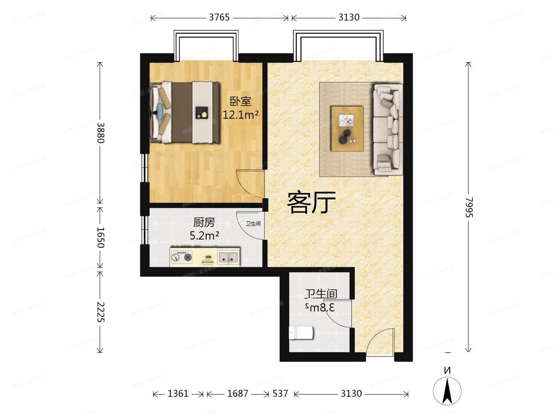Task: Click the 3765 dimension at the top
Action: pyautogui.click(x=219, y=17)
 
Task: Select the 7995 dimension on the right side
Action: pyautogui.click(x=469, y=207)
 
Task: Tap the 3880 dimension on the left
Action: pyautogui.click(x=100, y=133)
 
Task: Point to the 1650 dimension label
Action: pyautogui.click(x=100, y=237)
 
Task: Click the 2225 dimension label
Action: pyautogui.click(x=100, y=312)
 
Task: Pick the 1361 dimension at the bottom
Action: pyautogui.click(x=178, y=393)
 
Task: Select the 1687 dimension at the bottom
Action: pyautogui.click(x=238, y=393)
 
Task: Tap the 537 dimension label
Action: pyautogui.click(x=280, y=393)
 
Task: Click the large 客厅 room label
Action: pyautogui.click(x=311, y=203)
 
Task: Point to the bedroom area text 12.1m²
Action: pyautogui.click(x=240, y=115)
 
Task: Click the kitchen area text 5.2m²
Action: pyautogui.click(x=204, y=236)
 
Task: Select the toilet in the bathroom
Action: pyautogui.click(x=301, y=332)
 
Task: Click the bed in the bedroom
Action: pyautogui.click(x=185, y=112)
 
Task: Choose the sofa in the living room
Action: pyautogui.click(x=387, y=129)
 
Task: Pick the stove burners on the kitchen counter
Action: pyautogui.click(x=182, y=257)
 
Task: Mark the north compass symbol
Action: pyautogui.click(x=447, y=390)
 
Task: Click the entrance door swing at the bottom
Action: pyautogui.click(x=379, y=343)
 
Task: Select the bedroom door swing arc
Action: pyautogui.click(x=249, y=181)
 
